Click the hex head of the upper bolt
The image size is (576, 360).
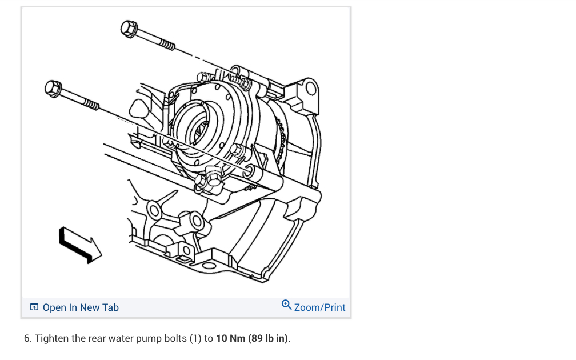tap(129, 29)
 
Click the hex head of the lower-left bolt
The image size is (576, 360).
tap(53, 89)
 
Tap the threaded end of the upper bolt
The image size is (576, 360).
tap(167, 45)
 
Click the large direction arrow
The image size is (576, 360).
tap(80, 245)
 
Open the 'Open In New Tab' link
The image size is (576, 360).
tap(81, 307)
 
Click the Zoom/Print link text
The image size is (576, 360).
tap(319, 307)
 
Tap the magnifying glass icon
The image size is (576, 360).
tap(286, 305)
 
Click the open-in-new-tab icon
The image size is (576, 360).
tap(34, 307)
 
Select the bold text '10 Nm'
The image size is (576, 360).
tap(230, 338)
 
